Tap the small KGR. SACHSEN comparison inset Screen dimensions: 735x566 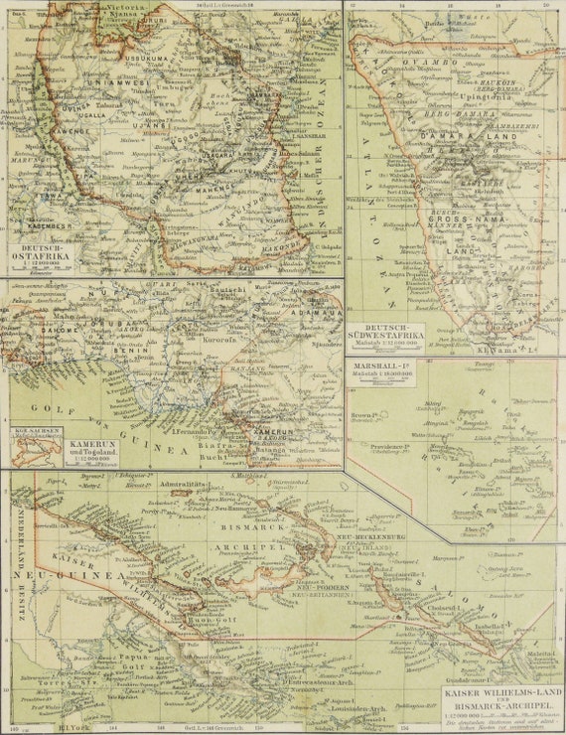click(38, 446)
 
